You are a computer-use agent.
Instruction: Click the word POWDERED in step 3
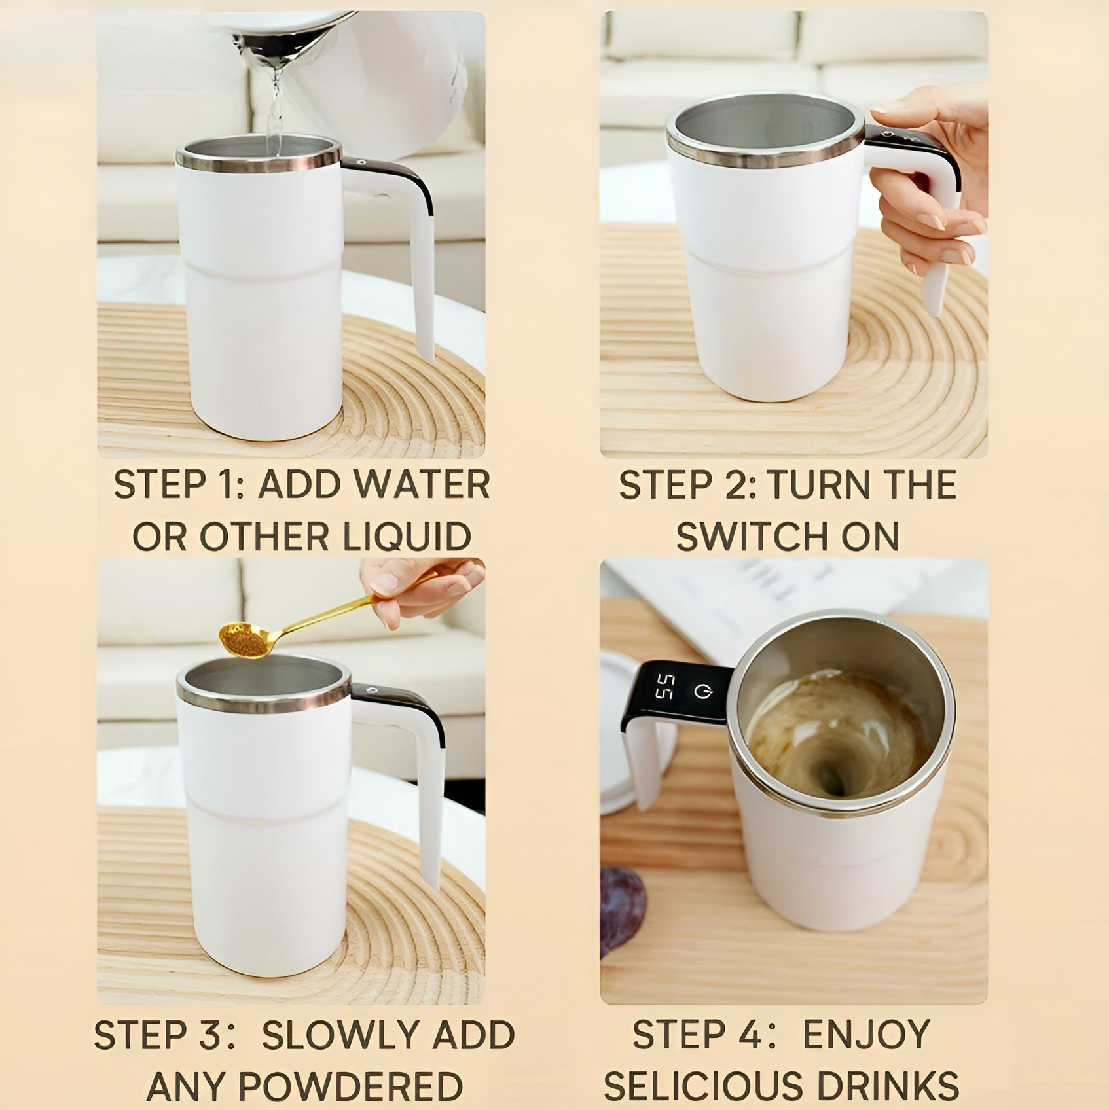click(x=350, y=1087)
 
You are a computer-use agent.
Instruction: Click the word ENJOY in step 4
click(x=866, y=1035)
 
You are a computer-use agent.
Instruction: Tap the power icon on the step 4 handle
click(x=703, y=691)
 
